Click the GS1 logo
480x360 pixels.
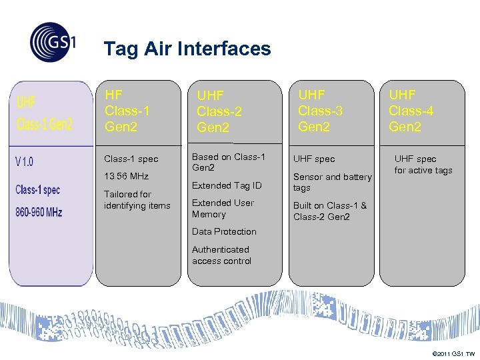53,43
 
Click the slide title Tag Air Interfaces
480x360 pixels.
187,49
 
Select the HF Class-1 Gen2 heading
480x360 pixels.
127,111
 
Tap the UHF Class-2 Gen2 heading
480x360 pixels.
219,111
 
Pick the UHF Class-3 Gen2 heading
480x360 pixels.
320,111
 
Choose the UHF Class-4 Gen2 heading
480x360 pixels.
411,111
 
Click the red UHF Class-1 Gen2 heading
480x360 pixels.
44,113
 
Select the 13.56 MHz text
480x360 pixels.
126,177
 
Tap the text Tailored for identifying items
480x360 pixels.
137,200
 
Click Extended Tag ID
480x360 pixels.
227,185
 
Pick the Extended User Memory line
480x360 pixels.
223,209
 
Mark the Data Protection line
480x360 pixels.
224,232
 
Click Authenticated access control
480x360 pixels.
221,255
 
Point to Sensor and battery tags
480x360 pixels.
332,182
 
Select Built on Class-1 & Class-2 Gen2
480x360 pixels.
330,211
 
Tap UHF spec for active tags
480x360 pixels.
423,165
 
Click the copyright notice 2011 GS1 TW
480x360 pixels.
453,353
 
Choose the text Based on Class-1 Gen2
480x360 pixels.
228,162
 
